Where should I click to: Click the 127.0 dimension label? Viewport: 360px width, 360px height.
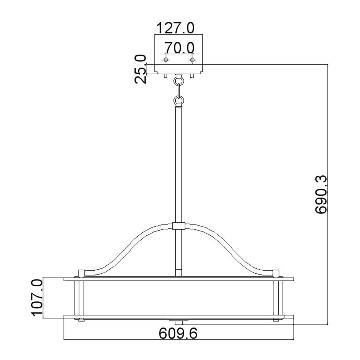pos(175,28)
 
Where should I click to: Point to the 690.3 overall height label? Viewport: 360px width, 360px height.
pos(321,194)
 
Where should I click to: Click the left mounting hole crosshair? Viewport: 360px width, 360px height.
pos(166,60)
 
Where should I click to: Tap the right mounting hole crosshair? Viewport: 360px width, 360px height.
pos(192,60)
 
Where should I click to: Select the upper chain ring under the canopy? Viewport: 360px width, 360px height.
pos(179,81)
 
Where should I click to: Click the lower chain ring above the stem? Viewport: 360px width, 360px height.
pos(179,100)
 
